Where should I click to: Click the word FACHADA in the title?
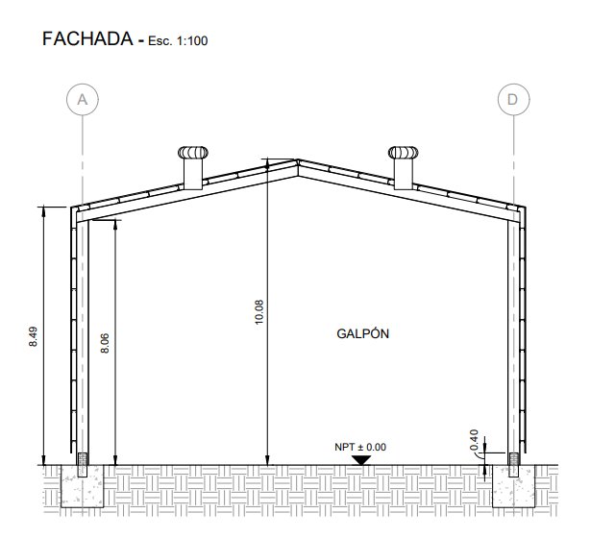tap(87, 38)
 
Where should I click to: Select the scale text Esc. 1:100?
tap(178, 40)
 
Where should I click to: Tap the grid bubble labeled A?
tap(83, 99)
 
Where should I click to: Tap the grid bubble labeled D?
tap(514, 99)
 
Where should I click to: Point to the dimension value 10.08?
tap(259, 312)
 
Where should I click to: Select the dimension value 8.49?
tap(34, 336)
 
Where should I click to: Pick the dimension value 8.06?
tap(105, 343)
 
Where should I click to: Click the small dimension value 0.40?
tap(474, 440)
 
